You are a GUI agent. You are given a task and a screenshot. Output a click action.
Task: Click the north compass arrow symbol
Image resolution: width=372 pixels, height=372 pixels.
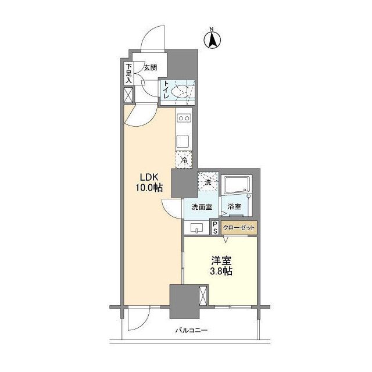(212, 40)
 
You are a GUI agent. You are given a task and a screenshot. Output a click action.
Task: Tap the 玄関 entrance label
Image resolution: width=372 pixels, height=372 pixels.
(151, 68)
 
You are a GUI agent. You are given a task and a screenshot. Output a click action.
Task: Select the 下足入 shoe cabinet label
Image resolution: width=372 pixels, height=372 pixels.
(128, 73)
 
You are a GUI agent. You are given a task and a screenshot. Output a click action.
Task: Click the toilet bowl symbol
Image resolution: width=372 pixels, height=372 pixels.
(180, 92)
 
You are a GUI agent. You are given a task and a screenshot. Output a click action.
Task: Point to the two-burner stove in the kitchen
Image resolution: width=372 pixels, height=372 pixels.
(184, 117)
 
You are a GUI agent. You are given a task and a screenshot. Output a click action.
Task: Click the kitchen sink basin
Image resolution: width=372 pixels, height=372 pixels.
(182, 141)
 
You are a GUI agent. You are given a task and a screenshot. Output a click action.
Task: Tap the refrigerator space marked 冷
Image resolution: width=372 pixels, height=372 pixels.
(184, 159)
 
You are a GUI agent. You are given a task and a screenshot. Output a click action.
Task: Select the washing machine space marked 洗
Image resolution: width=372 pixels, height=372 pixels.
(208, 182)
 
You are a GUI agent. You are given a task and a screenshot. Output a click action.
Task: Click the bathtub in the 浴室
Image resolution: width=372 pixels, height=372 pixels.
(237, 185)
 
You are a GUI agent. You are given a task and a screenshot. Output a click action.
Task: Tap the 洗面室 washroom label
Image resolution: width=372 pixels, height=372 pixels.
(202, 207)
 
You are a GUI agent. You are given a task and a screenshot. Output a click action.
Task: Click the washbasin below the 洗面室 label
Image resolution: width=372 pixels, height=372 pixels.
(196, 228)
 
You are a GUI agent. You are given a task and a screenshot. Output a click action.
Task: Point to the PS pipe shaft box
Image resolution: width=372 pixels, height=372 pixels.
(215, 227)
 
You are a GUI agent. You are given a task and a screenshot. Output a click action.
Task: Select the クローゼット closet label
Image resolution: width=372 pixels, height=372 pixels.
(239, 228)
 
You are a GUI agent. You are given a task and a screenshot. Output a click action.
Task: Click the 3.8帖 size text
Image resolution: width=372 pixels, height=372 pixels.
(221, 271)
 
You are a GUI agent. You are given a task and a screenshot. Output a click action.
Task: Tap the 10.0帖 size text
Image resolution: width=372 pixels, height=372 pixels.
(149, 188)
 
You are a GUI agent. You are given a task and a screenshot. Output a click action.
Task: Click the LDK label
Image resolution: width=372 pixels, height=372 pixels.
(149, 177)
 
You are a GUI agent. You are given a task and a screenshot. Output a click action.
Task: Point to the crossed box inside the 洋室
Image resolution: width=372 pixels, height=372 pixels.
(203, 296)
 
